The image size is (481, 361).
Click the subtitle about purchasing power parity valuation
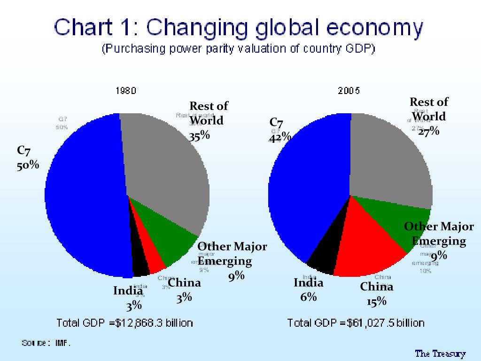(x=239, y=49)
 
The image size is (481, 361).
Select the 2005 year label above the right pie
(x=349, y=91)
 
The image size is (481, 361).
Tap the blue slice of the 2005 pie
(x=305, y=188)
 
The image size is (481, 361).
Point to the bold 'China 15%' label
(x=376, y=294)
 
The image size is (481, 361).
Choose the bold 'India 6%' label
(x=309, y=290)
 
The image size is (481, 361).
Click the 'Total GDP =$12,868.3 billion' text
(x=124, y=323)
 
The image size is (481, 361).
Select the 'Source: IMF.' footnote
(x=46, y=343)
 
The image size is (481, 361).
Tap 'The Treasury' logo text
(x=440, y=353)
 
